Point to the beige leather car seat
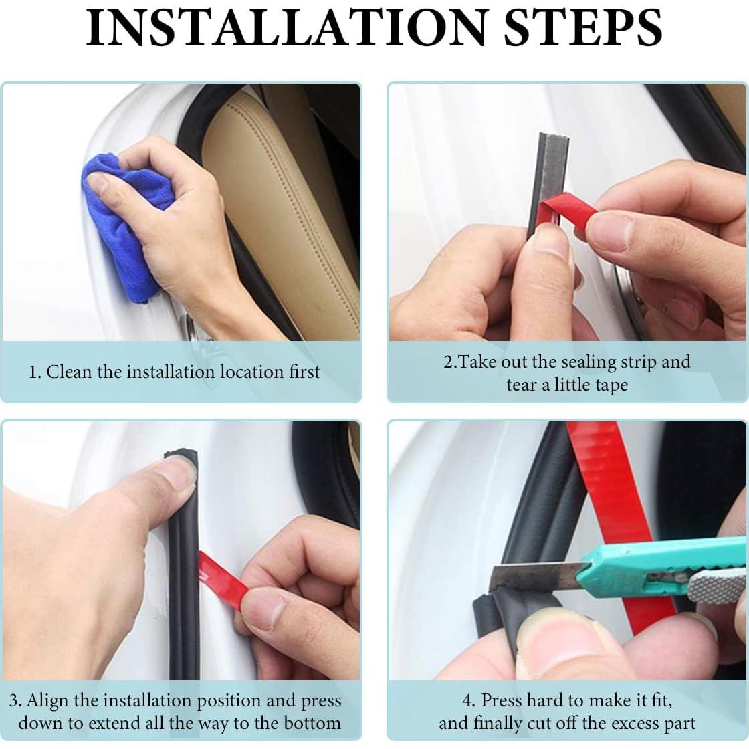click(282, 210)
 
